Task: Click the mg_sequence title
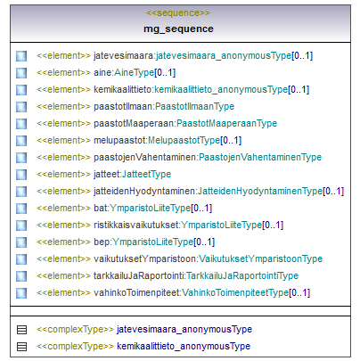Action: click(x=178, y=29)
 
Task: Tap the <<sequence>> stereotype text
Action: click(x=178, y=13)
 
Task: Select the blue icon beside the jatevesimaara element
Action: click(x=21, y=56)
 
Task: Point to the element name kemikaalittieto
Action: click(x=123, y=89)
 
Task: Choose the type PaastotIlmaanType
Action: click(x=195, y=106)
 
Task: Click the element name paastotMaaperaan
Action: click(x=134, y=123)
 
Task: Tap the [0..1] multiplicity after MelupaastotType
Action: click(x=231, y=140)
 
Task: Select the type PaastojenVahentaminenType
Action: click(x=260, y=157)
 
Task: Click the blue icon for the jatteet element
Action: click(x=21, y=175)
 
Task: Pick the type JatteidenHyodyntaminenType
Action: click(x=260, y=191)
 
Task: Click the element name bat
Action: click(x=101, y=208)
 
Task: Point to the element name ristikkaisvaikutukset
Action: click(x=136, y=225)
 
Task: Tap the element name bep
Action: click(x=102, y=242)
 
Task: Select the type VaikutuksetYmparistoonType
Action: click(x=260, y=258)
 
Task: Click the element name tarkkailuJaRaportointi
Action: click(x=139, y=275)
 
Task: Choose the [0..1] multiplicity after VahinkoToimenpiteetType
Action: click(x=299, y=292)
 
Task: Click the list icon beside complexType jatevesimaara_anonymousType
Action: click(x=21, y=330)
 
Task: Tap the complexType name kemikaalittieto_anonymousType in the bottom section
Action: click(x=184, y=346)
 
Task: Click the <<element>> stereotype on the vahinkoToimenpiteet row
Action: click(x=63, y=292)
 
